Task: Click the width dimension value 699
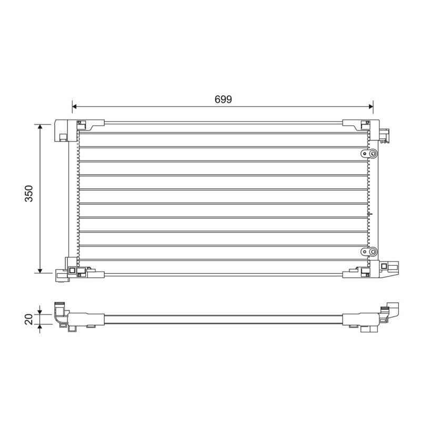223,99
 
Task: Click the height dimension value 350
29,193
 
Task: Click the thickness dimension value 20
29,319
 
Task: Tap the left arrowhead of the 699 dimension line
74,107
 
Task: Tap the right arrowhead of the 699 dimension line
371,107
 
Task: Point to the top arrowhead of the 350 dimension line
40,127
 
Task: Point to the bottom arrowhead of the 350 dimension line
40,270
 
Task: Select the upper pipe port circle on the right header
373,154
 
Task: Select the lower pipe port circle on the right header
373,252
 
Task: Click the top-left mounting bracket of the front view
66,131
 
